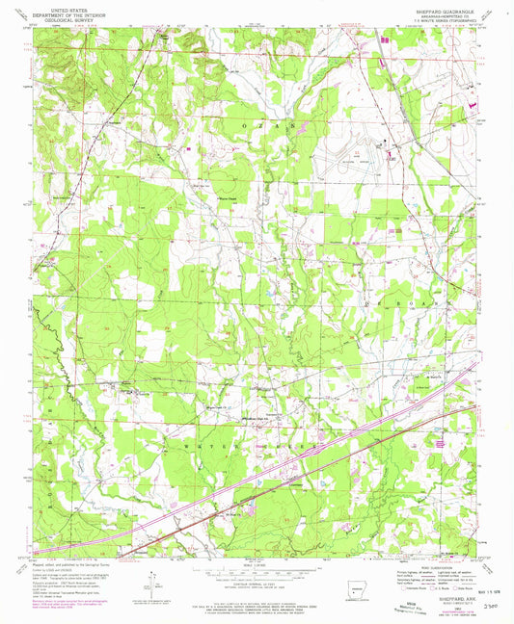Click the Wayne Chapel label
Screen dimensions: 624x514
pos(224,198)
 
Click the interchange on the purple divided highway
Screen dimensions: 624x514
pos(313,448)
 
